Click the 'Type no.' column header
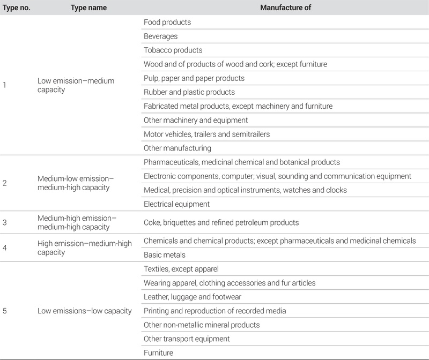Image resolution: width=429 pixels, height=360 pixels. tap(16, 7)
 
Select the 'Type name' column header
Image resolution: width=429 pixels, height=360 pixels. tap(89, 7)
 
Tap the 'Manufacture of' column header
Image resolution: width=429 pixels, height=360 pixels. tap(286, 7)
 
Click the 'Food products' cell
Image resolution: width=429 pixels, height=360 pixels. tap(167, 22)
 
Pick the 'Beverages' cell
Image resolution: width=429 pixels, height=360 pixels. tap(161, 36)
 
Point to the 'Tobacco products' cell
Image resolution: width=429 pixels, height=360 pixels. tap(173, 50)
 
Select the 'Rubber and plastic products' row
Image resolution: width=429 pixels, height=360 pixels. tap(189, 92)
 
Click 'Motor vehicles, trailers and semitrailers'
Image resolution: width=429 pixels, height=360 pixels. tap(207, 134)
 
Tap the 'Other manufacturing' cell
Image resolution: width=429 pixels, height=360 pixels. tap(177, 148)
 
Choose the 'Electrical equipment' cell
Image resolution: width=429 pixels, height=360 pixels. tap(176, 204)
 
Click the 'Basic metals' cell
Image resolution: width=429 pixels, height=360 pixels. tap(165, 255)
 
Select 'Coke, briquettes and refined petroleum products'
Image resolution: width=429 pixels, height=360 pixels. tap(221, 222)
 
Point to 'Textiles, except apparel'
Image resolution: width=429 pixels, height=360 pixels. tap(181, 269)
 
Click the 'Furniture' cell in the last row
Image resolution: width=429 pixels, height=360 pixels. tap(159, 352)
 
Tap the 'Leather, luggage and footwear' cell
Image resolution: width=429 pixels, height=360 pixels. tap(193, 297)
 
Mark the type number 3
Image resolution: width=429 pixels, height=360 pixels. tap(5, 222)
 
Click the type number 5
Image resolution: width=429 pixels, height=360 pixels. tap(5, 311)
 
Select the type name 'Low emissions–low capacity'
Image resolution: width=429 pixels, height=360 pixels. tap(85, 311)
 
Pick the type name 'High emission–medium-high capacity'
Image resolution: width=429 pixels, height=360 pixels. tap(85, 248)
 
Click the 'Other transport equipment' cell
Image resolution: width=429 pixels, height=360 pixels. tap(187, 339)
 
